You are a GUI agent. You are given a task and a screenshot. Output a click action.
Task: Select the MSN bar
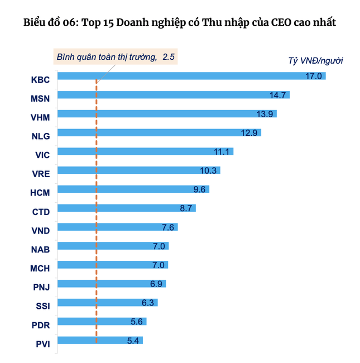click(173, 95)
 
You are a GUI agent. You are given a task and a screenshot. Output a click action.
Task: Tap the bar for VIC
click(145, 151)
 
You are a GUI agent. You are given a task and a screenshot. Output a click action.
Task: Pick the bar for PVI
click(100, 340)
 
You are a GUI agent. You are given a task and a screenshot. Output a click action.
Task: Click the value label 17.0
click(314, 76)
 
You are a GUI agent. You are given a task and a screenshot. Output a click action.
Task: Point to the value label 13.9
click(265, 113)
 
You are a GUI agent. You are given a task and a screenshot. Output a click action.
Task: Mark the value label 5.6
click(136, 321)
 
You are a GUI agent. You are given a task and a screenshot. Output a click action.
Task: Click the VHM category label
click(40, 117)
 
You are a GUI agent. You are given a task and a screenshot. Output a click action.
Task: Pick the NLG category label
click(40, 136)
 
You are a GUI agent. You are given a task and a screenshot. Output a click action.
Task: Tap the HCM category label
click(40, 193)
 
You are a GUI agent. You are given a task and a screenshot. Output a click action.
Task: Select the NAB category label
click(40, 250)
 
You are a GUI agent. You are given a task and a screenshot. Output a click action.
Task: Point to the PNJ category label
click(40, 287)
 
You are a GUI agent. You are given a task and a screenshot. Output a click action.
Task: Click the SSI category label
click(41, 306)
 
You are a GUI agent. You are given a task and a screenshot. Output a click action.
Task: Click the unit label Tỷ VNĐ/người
click(315, 60)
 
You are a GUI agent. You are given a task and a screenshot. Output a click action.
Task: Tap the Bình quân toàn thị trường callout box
click(115, 57)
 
